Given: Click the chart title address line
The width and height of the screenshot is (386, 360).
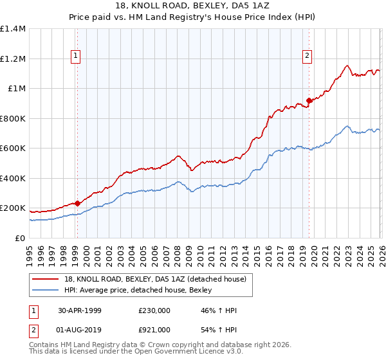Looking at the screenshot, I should [193, 6].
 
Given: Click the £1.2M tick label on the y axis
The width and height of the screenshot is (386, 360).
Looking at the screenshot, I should [13, 59].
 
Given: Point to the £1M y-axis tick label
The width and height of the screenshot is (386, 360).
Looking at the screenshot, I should [16, 88].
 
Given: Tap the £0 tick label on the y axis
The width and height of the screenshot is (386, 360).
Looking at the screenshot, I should [21, 238].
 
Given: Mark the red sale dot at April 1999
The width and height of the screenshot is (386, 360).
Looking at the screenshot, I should [77, 203].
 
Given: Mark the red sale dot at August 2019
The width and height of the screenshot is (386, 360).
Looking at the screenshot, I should [309, 100].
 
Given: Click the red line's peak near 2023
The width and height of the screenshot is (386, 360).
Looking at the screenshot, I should [347, 66].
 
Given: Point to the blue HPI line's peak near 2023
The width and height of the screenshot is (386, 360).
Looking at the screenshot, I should [347, 126].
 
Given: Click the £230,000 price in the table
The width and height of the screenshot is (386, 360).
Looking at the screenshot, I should [154, 310].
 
